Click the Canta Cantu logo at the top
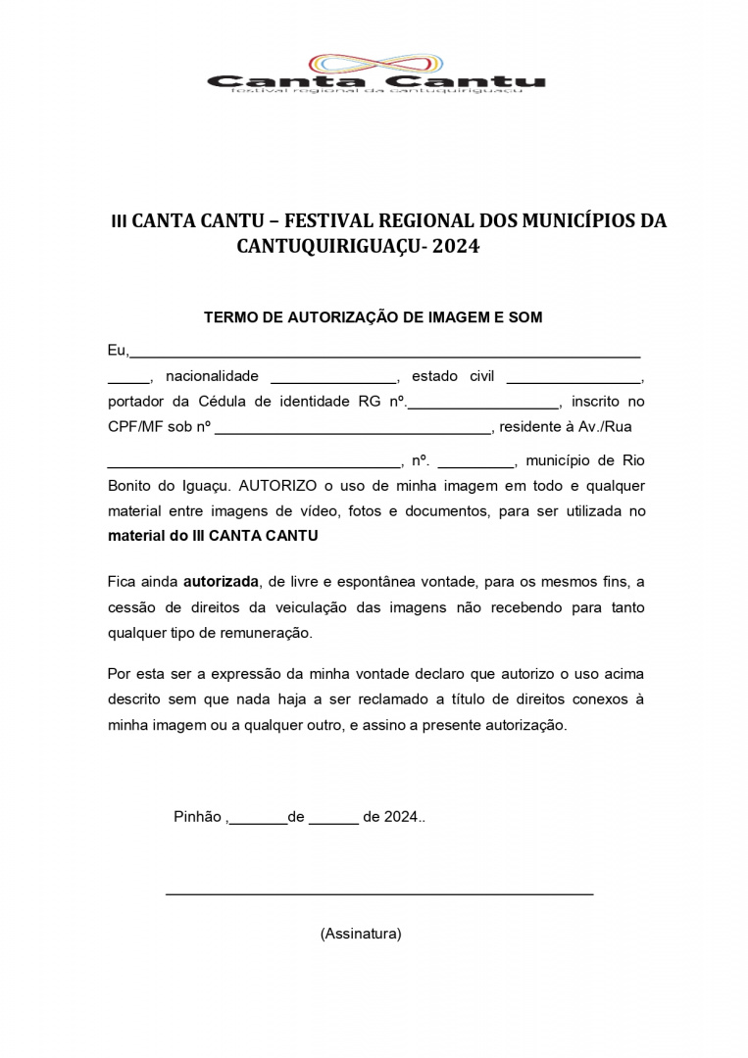(375, 73)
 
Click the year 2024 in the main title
(456, 247)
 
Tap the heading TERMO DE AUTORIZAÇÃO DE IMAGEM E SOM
(373, 317)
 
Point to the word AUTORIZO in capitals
(277, 485)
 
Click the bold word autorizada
(221, 581)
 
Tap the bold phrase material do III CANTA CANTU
(213, 536)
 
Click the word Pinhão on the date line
(198, 817)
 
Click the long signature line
(379, 892)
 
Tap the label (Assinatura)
(361, 934)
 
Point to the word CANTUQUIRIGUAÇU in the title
(324, 247)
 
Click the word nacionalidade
(212, 376)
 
